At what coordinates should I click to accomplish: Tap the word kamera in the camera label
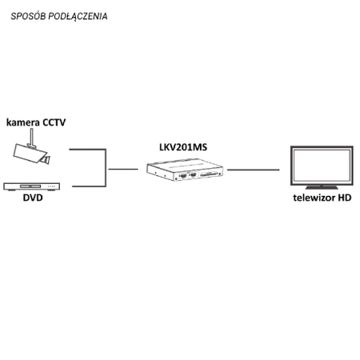23,123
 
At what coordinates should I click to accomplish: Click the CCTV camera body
30,153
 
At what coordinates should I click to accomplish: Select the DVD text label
32,198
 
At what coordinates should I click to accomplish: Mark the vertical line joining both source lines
106,168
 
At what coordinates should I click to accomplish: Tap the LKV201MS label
183,149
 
